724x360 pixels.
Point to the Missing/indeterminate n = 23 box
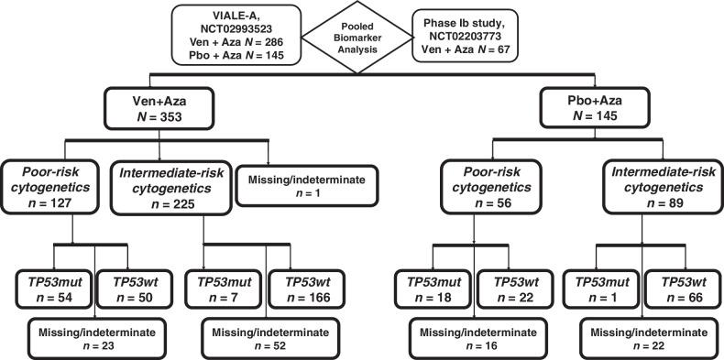pos(84,333)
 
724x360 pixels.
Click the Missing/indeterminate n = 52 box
pos(260,333)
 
